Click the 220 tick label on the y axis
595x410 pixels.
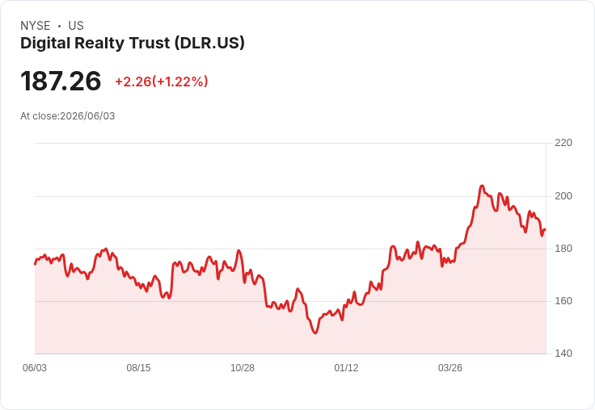563,143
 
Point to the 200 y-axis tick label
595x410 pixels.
563,196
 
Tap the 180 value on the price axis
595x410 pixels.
563,249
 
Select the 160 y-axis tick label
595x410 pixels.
563,301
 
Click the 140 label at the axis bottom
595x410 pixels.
563,354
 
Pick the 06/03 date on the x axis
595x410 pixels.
35,368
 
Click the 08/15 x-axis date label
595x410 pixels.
138,368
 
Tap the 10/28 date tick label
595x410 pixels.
243,368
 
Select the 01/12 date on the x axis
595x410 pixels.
346,368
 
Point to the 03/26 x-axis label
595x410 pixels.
450,368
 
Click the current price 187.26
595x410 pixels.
61,81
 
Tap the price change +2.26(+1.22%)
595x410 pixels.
162,82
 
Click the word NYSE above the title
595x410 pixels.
36,26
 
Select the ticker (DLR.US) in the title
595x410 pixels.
209,44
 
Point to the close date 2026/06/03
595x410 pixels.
87,116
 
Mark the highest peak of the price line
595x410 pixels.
482,186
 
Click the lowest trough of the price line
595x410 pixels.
315,333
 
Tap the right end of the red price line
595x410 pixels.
546,229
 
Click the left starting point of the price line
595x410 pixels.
36,264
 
